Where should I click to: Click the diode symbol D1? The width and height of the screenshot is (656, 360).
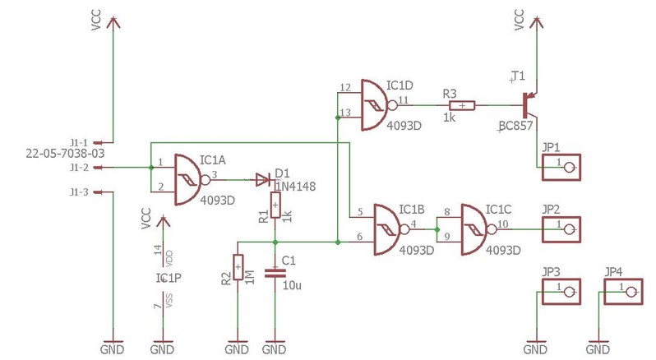263,178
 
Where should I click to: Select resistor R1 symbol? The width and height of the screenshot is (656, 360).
275,202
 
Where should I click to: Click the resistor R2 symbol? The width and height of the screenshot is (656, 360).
238,267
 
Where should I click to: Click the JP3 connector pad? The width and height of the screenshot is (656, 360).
562,289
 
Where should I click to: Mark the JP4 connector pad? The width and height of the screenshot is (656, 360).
625,289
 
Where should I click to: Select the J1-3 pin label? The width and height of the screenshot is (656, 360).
79,192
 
